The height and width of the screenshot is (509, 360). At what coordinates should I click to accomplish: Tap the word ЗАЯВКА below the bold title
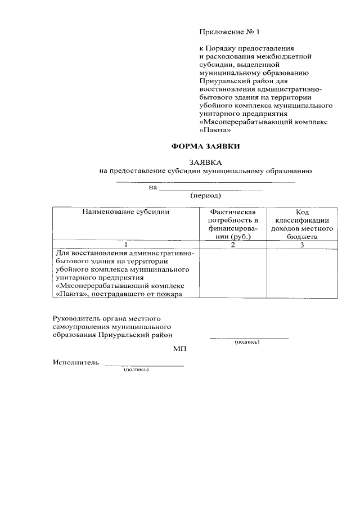(x=205, y=162)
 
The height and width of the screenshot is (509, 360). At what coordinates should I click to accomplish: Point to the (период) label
(x=205, y=196)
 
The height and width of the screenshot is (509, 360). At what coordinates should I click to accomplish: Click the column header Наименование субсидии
(x=125, y=212)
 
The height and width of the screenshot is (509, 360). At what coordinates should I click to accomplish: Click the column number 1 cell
(x=125, y=245)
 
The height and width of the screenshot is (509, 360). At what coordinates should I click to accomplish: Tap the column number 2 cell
(x=233, y=245)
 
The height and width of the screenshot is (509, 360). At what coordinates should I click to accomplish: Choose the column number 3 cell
(x=301, y=245)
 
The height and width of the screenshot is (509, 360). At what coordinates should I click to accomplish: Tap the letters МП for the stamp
(x=179, y=349)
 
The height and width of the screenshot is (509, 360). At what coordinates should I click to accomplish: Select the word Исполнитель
(x=76, y=363)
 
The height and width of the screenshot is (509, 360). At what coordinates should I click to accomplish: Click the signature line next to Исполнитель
(x=145, y=366)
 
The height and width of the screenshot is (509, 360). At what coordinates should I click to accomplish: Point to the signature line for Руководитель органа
(x=249, y=338)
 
